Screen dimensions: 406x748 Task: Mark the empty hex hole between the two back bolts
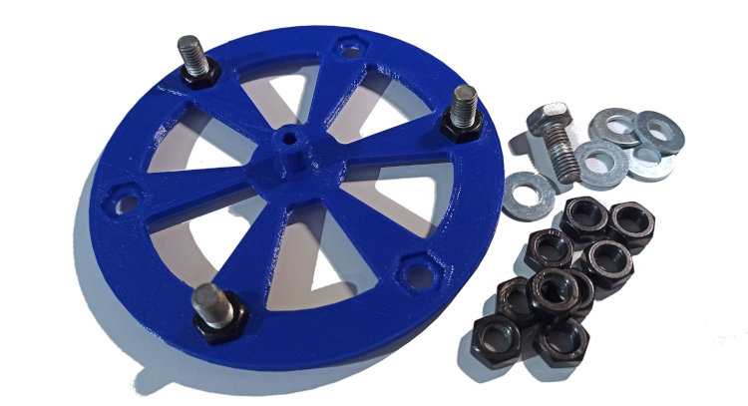point(348,46)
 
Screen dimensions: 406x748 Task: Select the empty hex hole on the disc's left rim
point(126,201)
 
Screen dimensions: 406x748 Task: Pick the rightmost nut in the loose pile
point(631,224)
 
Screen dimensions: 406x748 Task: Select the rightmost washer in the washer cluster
point(657,130)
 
